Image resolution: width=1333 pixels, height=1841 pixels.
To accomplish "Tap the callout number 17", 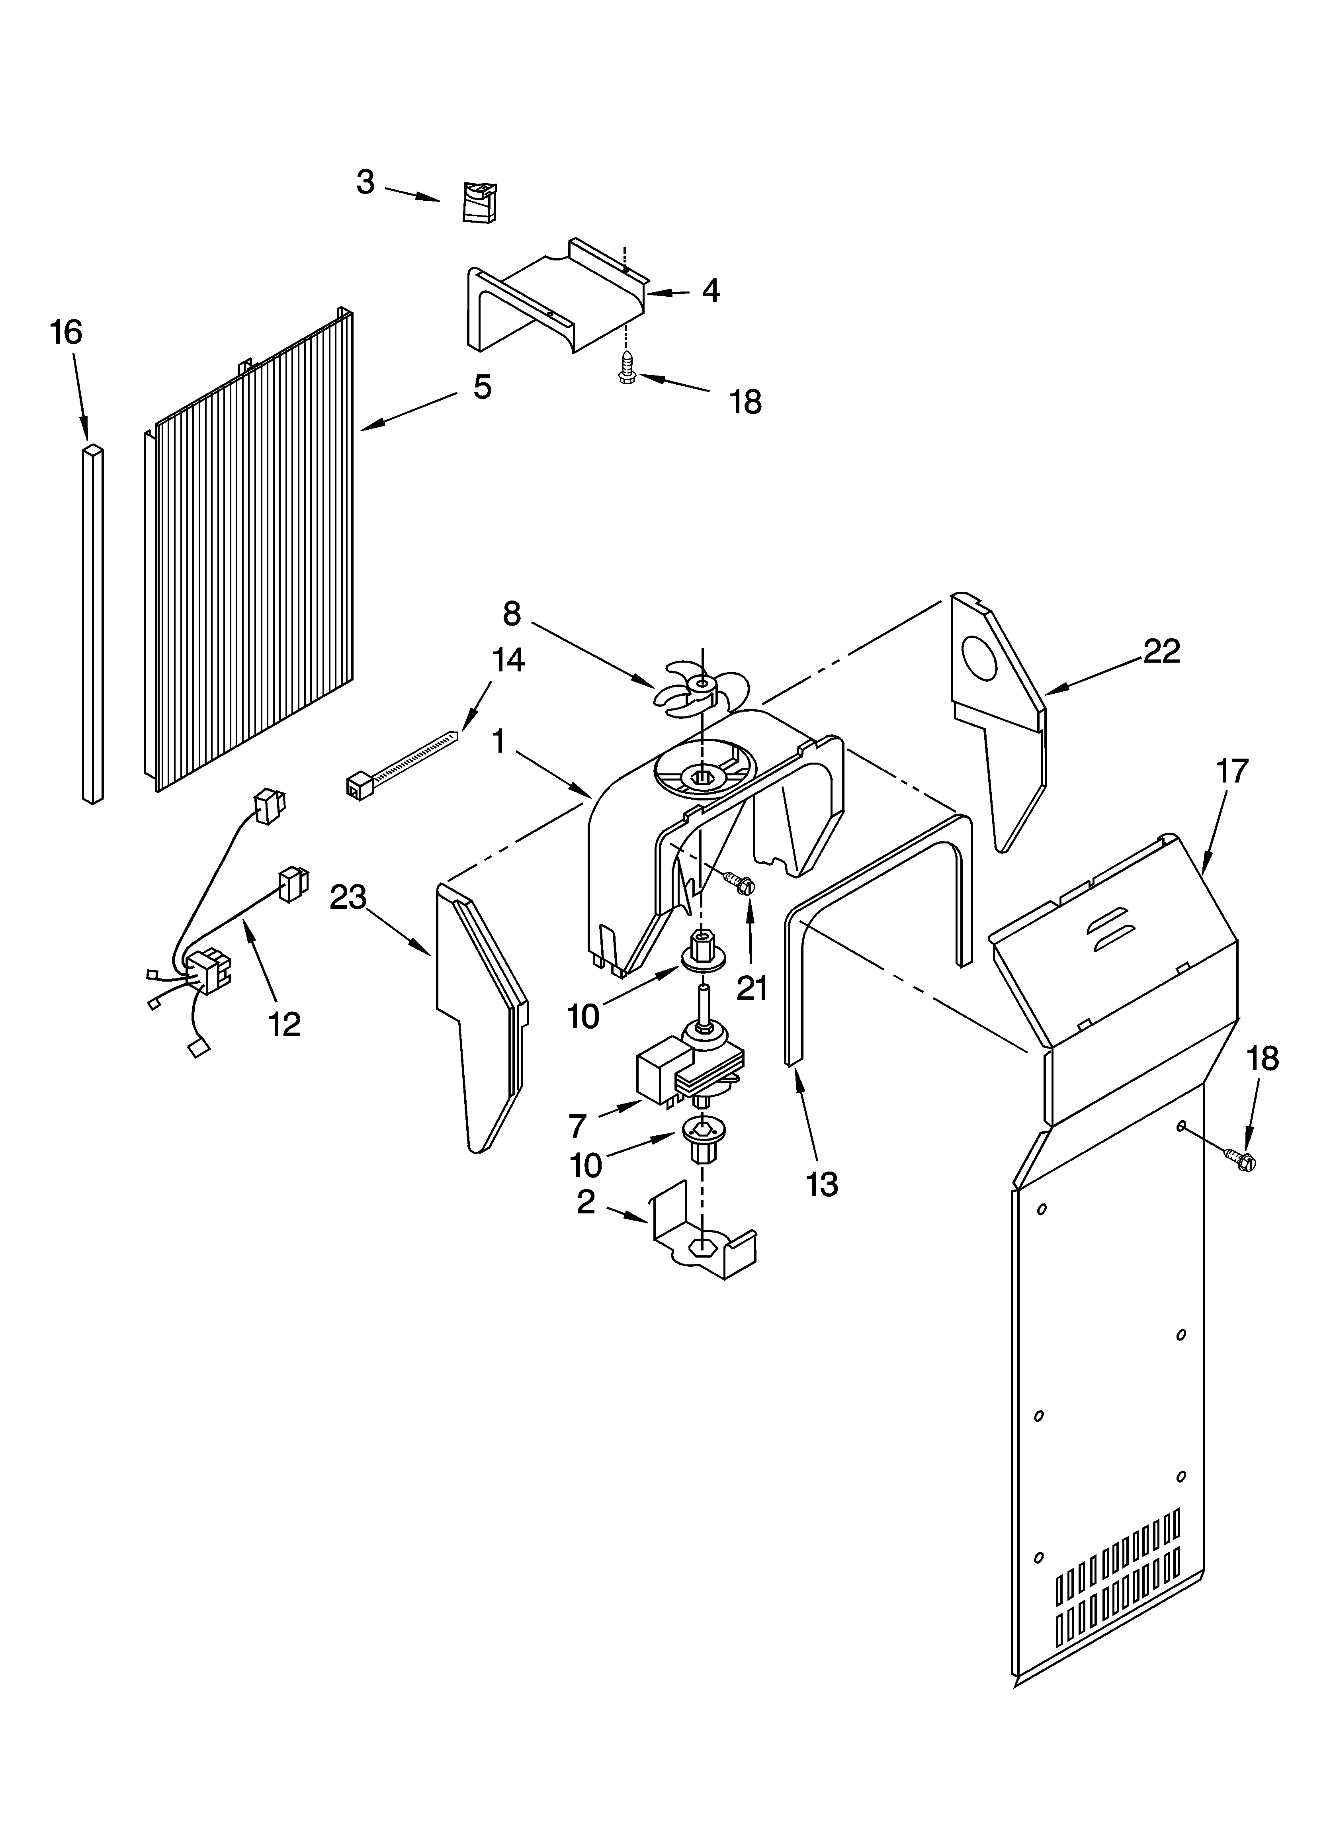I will click(x=1231, y=771).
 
